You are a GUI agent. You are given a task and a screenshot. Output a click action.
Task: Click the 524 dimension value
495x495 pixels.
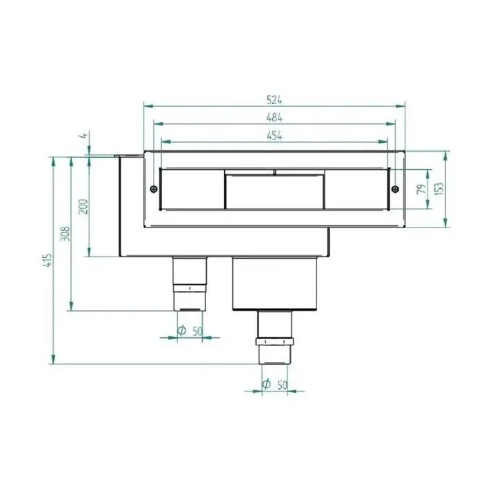[274, 100]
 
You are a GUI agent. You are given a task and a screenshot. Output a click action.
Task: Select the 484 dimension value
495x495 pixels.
[274, 117]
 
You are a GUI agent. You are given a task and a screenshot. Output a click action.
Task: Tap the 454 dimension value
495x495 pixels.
[274, 135]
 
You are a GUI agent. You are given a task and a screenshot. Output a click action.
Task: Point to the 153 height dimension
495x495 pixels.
[438, 189]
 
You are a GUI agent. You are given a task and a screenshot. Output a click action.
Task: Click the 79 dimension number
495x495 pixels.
[421, 189]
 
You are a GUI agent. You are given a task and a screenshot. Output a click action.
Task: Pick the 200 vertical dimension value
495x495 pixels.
[83, 206]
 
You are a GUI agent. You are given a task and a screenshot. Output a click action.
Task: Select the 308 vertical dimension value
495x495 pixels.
[65, 234]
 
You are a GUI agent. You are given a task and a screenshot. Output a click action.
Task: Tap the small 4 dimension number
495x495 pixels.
[83, 135]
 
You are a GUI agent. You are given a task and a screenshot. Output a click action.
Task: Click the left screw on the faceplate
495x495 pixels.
[154, 189]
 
